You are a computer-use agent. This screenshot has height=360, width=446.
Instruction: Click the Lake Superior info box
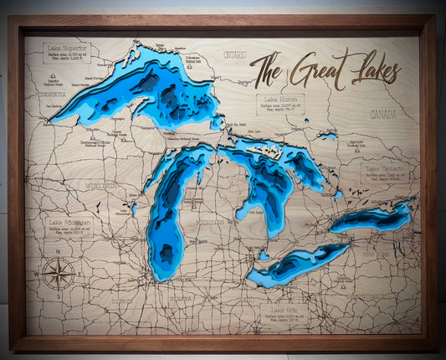coord(67,54)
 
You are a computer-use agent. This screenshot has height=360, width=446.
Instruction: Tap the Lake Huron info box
coord(279,105)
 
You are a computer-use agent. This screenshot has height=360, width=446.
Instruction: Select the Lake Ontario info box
coord(384,172)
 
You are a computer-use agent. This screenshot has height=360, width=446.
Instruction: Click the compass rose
coord(59,273)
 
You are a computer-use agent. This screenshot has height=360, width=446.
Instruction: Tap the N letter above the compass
coord(58,251)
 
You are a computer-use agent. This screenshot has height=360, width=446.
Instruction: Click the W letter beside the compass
coord(38,274)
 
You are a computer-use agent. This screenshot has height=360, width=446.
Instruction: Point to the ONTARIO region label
coord(235,55)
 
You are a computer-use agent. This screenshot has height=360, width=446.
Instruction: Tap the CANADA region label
coord(382,113)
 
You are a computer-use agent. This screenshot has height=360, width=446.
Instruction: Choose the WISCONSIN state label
coord(102,186)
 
